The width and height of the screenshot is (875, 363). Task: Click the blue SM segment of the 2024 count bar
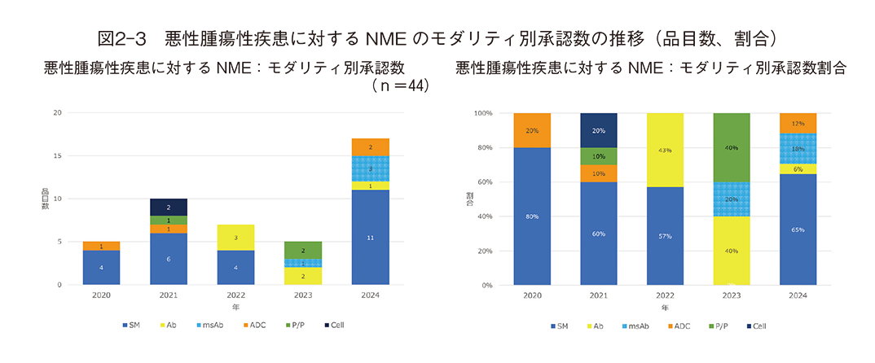coord(370,237)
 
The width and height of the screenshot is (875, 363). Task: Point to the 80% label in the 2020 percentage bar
coord(532,216)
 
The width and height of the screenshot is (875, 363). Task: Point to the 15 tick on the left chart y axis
coord(56,155)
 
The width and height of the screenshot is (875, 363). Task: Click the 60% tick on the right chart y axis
coord(482,181)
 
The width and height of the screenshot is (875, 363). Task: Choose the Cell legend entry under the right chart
coord(756,326)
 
